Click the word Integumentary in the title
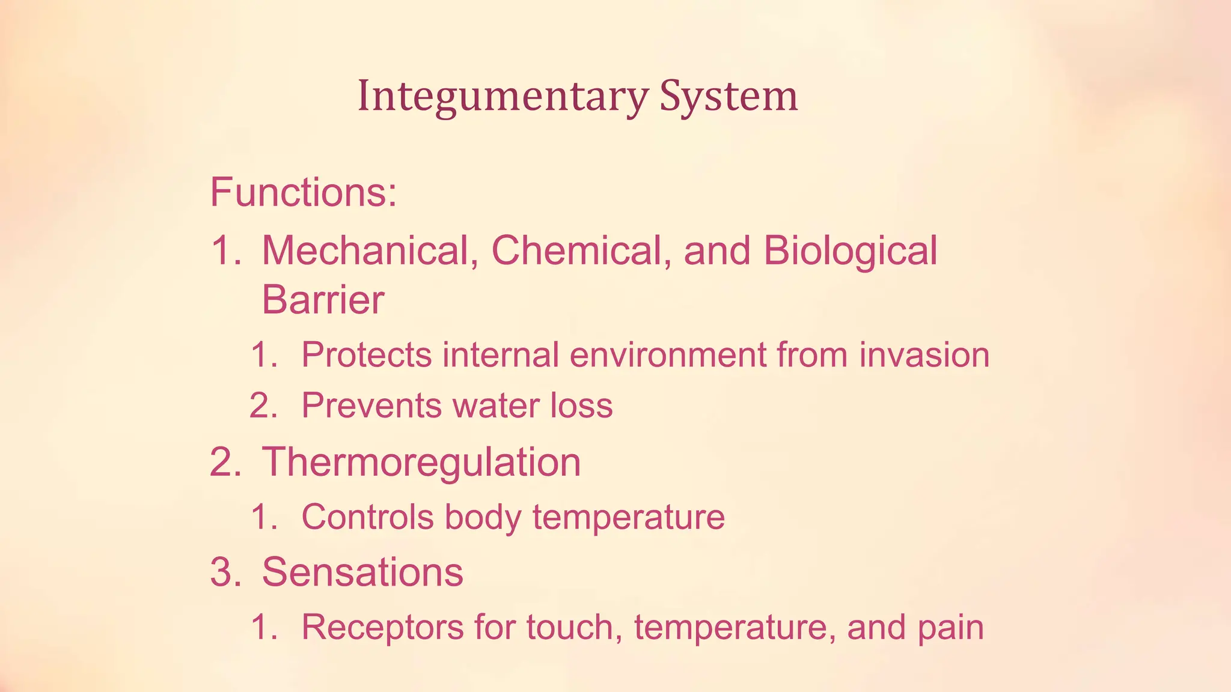point(502,96)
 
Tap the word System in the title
point(729,96)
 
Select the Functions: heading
point(304,192)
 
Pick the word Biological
point(850,251)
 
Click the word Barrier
point(323,300)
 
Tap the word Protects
point(366,354)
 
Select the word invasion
point(924,354)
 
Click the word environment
point(667,354)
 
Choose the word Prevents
point(371,405)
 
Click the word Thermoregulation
point(421,462)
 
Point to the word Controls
point(367,517)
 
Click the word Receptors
point(382,628)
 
